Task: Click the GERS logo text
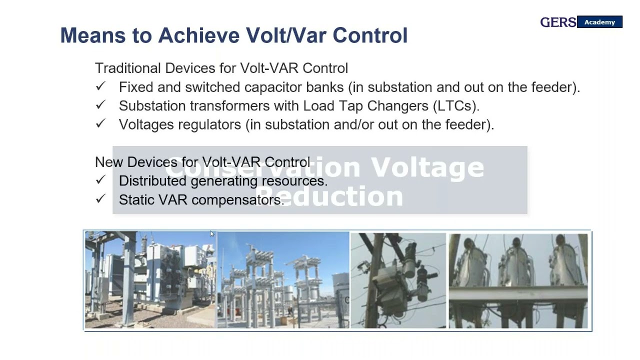tap(558, 22)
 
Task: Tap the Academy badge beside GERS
tap(599, 22)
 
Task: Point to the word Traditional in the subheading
tap(128, 68)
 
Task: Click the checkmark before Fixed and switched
tap(100, 86)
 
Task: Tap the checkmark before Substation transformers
tap(100, 105)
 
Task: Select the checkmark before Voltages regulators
tap(100, 123)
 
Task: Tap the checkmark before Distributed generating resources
tap(100, 180)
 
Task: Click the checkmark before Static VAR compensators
tap(100, 199)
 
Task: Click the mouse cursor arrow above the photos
tap(212, 234)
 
